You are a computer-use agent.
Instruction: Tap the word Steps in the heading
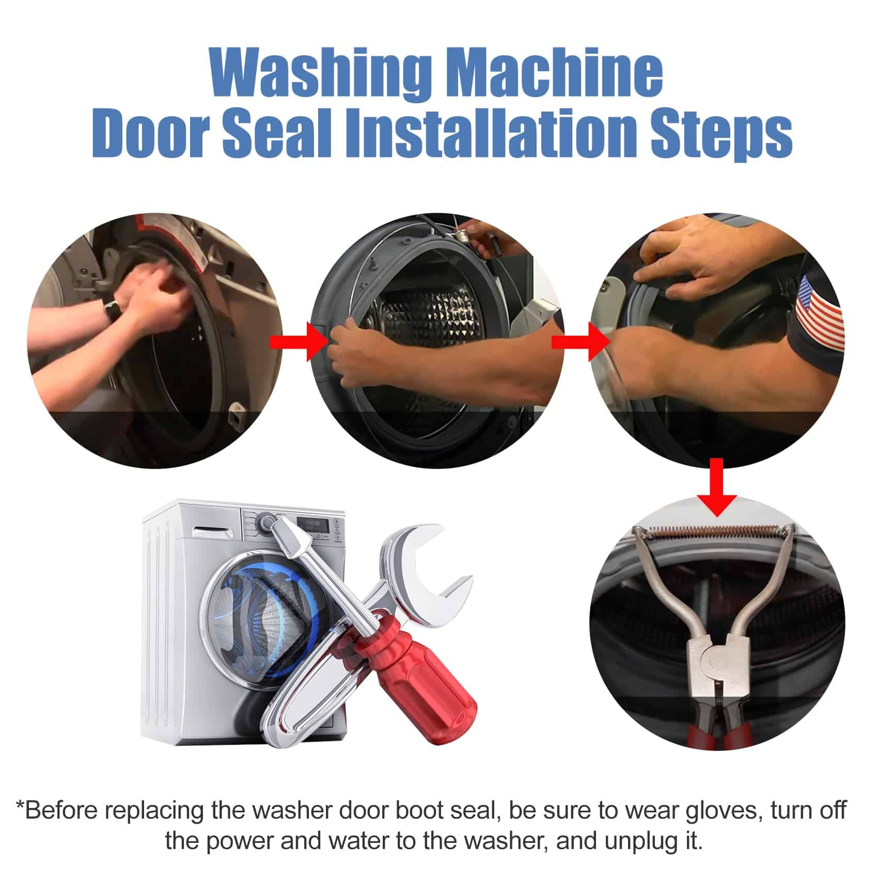pos(719,135)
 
